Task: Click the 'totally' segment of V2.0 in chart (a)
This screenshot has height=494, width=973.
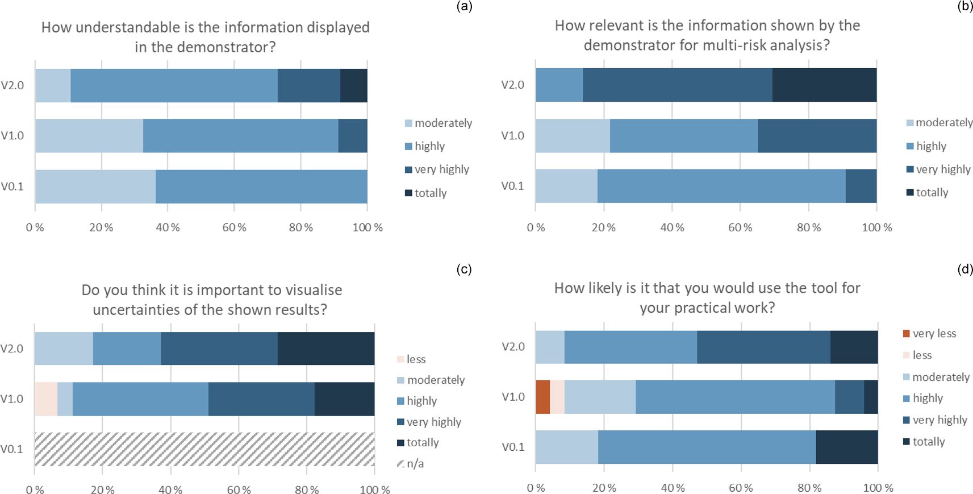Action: pos(353,86)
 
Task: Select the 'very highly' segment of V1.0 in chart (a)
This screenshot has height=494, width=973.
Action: pos(352,136)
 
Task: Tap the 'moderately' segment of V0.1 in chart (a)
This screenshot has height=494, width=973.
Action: pos(95,186)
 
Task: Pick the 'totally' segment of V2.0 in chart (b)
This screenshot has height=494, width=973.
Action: pos(824,85)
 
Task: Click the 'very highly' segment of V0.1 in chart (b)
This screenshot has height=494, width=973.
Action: pos(861,186)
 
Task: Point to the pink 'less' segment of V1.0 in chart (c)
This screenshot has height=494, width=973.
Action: pos(45,399)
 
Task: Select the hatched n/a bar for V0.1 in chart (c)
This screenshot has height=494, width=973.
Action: pos(204,449)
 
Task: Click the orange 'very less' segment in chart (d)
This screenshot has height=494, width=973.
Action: pos(542,397)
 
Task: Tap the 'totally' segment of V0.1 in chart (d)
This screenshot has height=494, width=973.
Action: pos(846,447)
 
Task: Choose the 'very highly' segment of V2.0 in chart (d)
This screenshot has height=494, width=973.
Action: pos(763,347)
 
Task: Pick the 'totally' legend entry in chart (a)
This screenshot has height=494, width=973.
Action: pos(430,193)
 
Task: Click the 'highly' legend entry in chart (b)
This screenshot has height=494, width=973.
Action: pos(930,146)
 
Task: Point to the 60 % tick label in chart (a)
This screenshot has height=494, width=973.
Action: pos(234,228)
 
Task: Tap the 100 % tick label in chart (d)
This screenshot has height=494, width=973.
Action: pos(878,488)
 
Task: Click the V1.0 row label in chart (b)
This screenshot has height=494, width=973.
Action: pos(512,136)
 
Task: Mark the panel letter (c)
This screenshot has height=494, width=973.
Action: pos(464,269)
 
